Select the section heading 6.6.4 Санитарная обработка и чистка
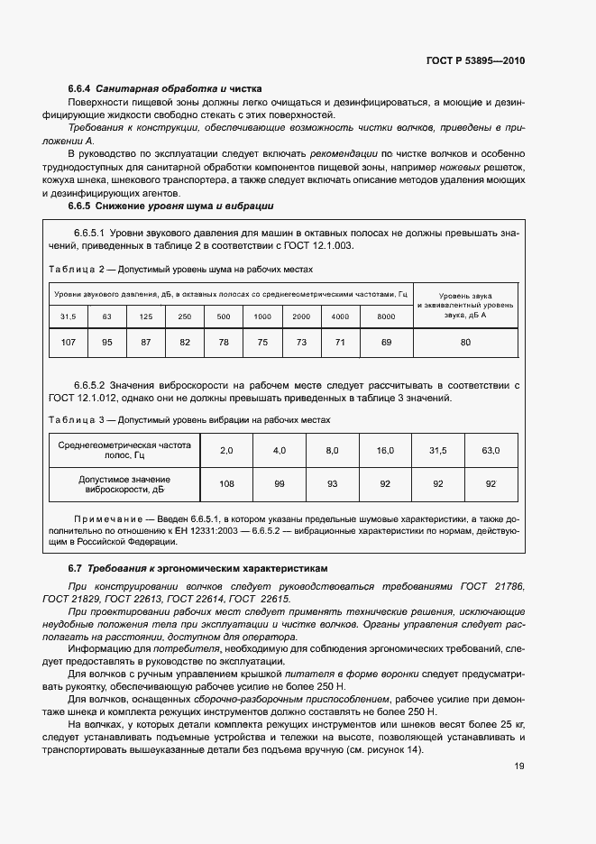coord(165,89)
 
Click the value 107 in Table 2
coord(68,343)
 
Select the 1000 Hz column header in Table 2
coord(262,316)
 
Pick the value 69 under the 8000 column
coord(386,343)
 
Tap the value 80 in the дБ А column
coord(465,343)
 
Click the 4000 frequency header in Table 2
coord(340,316)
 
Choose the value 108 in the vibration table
coord(226,483)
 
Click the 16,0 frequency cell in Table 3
coord(385,449)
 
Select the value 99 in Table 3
coord(280,483)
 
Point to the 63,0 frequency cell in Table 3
coord(491,449)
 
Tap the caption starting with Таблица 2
coord(179,269)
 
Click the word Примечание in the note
coord(104,520)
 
